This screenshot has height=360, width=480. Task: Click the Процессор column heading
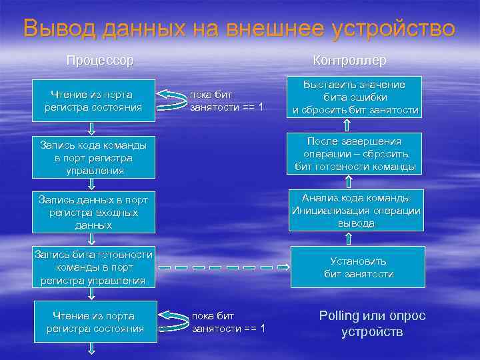100,61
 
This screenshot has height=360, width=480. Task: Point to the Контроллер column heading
349,61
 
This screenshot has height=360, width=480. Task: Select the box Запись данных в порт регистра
94,213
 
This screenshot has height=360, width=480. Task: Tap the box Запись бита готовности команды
94,267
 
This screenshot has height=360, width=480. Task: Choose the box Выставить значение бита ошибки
355,97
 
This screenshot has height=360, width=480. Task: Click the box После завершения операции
355,154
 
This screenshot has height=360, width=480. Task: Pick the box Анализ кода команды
356,211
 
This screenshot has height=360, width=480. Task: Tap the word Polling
339,316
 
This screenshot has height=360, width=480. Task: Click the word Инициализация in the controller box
323,211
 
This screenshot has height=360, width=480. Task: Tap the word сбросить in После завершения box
391,154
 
